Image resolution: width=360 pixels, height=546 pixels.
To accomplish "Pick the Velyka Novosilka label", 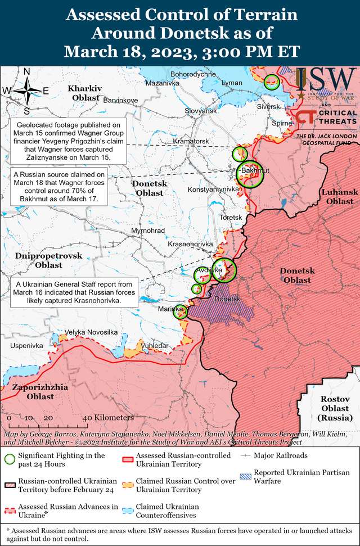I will (x=91, y=332).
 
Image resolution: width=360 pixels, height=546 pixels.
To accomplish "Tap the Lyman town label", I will (x=232, y=83).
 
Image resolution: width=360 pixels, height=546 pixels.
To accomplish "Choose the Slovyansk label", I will (x=201, y=111).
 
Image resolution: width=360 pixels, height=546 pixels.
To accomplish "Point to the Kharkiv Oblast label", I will (x=84, y=93).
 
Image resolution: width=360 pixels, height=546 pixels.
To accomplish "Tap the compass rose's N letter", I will (x=26, y=71).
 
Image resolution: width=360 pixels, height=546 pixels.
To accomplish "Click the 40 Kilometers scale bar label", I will (x=107, y=418).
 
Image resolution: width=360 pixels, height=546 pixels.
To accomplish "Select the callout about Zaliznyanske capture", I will (x=68, y=141).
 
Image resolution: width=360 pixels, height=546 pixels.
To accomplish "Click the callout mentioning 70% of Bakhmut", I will (x=59, y=187).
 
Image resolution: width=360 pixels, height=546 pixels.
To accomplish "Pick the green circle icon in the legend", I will (x=10, y=459).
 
